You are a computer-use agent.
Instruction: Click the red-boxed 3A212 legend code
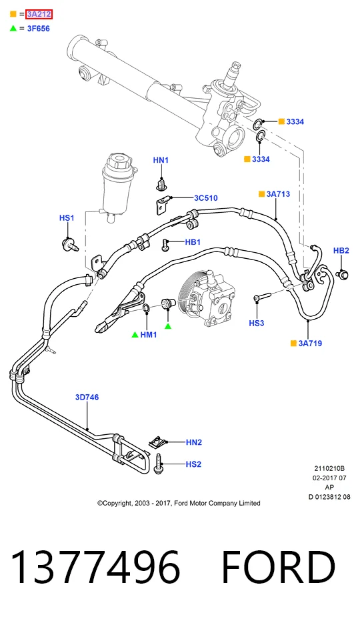click(39, 15)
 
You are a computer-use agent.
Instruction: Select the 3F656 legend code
click(38, 29)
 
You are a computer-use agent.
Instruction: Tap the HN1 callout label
click(161, 160)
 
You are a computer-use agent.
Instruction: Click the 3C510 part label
click(205, 198)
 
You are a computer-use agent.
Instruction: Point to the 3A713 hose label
click(278, 194)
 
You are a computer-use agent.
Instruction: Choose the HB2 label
click(341, 251)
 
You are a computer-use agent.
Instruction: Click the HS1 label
click(67, 218)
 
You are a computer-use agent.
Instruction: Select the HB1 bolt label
click(193, 242)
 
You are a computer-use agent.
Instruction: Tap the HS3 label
click(256, 324)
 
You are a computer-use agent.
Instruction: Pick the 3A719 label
click(310, 344)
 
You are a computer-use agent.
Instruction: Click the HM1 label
click(149, 335)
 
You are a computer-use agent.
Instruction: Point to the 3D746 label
click(87, 397)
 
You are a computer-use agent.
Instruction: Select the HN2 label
click(194, 442)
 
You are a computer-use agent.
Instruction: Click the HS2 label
click(193, 464)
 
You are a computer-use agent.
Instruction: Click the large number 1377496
click(96, 568)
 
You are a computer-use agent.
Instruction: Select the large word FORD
click(279, 568)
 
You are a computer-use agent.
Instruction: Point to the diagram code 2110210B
click(329, 469)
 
